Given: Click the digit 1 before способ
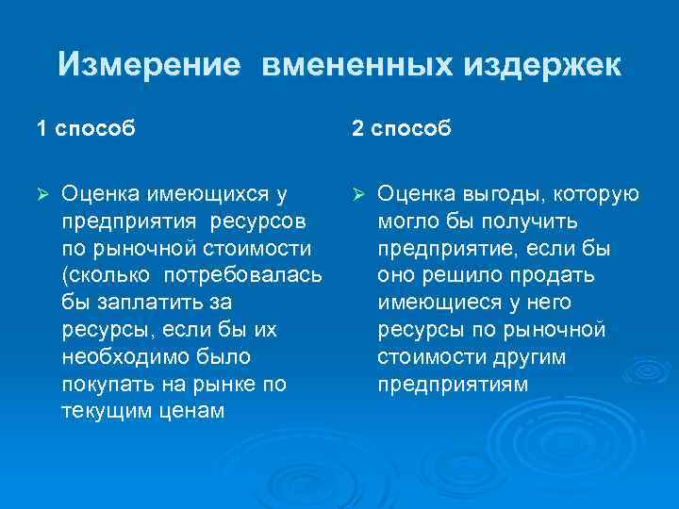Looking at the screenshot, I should click(41, 127).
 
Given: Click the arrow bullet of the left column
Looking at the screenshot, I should click(41, 194).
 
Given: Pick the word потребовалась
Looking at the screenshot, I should click(243, 276).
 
